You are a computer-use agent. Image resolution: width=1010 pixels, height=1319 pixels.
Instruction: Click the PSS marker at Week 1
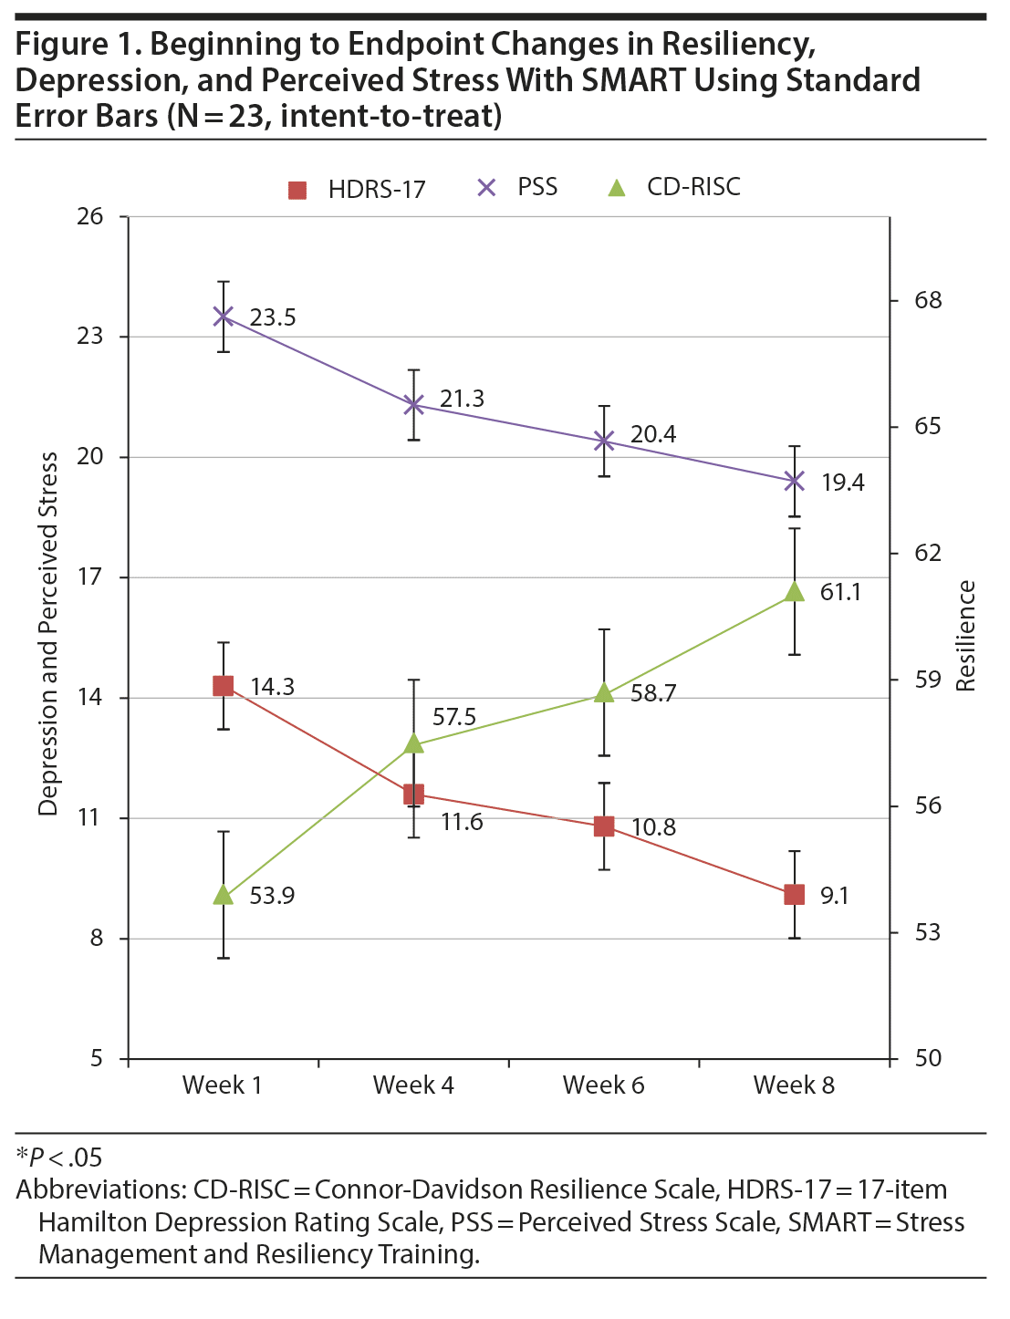(224, 317)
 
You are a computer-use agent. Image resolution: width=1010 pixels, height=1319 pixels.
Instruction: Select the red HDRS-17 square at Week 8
(795, 895)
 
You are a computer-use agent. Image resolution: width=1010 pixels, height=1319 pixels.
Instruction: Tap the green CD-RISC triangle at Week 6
(604, 693)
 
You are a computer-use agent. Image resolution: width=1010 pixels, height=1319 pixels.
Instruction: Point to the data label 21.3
(462, 399)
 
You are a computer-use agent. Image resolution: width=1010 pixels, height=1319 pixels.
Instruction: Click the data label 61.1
(840, 592)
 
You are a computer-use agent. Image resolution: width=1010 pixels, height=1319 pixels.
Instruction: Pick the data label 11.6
(462, 822)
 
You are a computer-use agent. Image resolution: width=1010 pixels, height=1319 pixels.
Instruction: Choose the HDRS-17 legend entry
(357, 190)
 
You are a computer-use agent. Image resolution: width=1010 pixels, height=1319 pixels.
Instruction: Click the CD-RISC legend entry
(674, 188)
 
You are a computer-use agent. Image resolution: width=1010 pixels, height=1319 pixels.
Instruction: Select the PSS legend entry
(517, 188)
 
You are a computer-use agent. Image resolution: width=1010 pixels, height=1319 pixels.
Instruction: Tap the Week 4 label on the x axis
(413, 1085)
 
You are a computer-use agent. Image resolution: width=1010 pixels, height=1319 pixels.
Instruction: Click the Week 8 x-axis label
(794, 1085)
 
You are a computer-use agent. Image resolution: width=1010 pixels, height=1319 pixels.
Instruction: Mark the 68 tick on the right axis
(928, 301)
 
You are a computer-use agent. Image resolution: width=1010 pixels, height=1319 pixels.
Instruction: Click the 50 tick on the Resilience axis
(928, 1059)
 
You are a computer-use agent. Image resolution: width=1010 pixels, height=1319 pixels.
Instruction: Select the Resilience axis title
(966, 636)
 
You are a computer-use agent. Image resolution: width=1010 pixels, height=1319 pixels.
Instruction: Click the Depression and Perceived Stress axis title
(48, 634)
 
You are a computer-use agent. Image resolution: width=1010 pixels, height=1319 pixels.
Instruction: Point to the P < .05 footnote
(60, 1158)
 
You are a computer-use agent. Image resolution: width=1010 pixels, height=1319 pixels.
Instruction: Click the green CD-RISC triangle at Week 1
(224, 896)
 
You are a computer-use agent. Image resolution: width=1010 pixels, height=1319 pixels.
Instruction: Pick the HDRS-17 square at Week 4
(413, 795)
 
